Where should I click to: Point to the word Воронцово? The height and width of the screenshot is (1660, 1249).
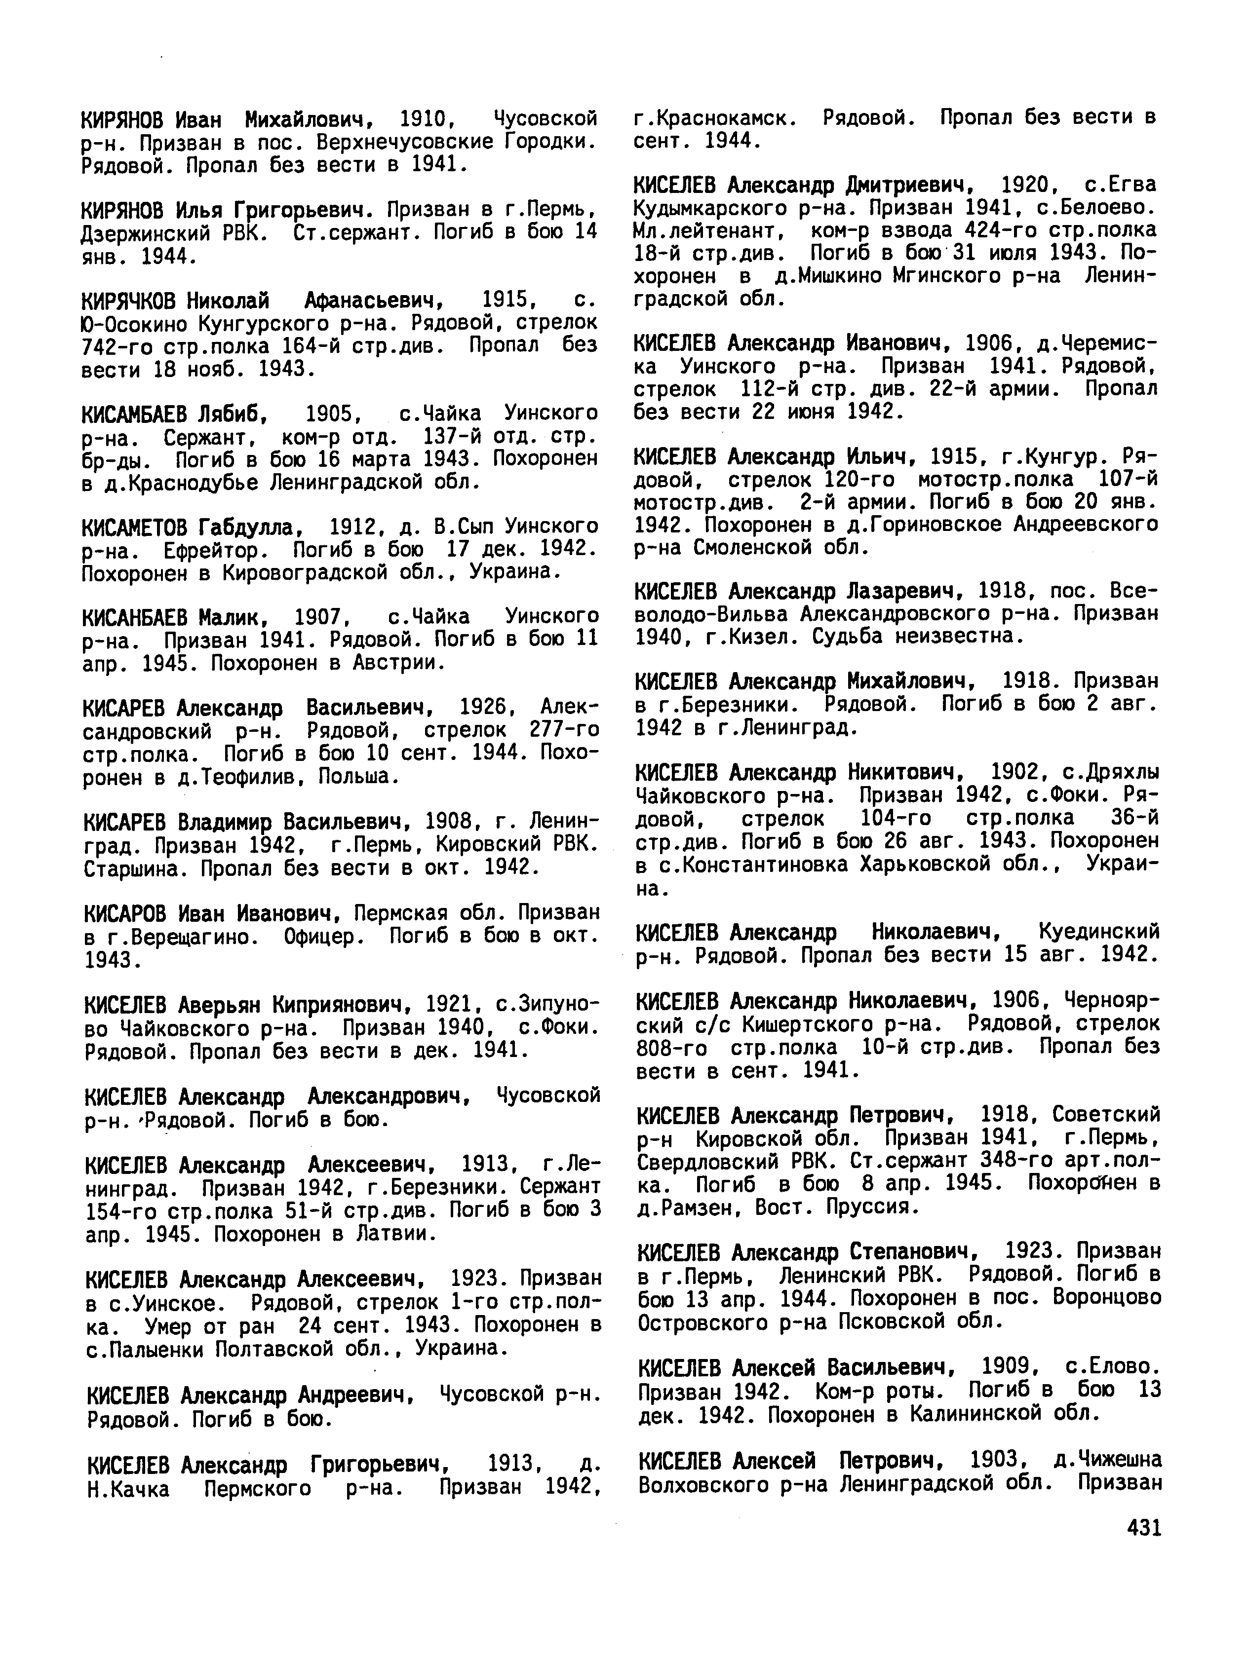[1107, 1297]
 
